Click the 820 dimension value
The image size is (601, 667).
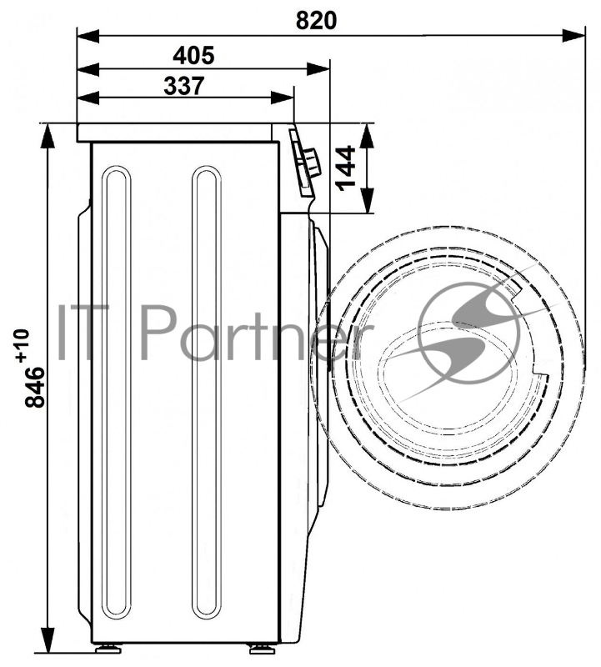pos(316,20)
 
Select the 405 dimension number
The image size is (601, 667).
pos(193,55)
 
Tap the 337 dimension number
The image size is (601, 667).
pos(183,86)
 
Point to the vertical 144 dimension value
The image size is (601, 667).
pos(345,168)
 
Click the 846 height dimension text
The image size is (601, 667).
pos(34,388)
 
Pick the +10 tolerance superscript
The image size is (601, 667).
pos(23,345)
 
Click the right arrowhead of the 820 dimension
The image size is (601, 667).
pos(573,35)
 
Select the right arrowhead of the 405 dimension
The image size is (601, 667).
pos(318,69)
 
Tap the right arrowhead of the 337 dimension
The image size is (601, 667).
pos(282,98)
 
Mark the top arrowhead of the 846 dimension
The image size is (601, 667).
pos(48,136)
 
